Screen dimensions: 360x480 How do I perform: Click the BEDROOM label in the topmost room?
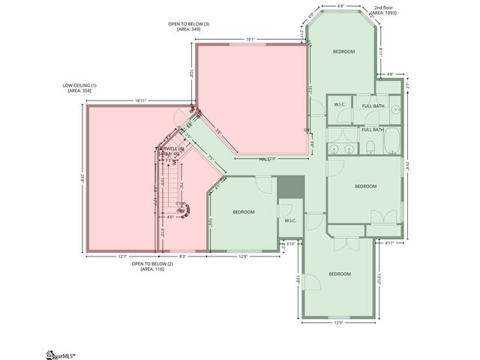click(x=343, y=52)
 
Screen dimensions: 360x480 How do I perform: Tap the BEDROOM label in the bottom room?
click(x=340, y=274)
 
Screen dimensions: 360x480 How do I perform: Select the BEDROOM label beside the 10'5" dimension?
click(x=244, y=212)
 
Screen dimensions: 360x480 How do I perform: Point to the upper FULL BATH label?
click(x=373, y=105)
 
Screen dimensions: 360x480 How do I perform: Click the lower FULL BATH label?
click(x=373, y=130)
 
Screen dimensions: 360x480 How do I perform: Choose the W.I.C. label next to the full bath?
click(x=339, y=105)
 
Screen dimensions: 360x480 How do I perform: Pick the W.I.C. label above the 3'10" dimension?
click(x=290, y=220)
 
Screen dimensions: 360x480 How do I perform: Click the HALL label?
click(x=264, y=159)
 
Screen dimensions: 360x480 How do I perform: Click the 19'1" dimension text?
click(x=250, y=40)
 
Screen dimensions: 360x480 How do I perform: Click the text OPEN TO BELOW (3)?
click(x=188, y=25)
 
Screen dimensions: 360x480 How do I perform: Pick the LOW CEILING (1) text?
click(x=79, y=85)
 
